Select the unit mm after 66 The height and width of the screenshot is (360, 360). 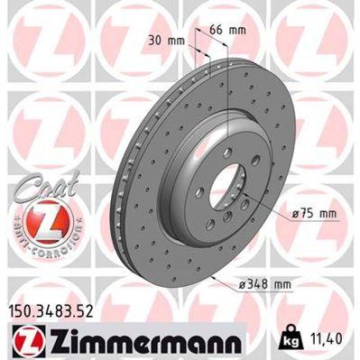pos(238,31)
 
